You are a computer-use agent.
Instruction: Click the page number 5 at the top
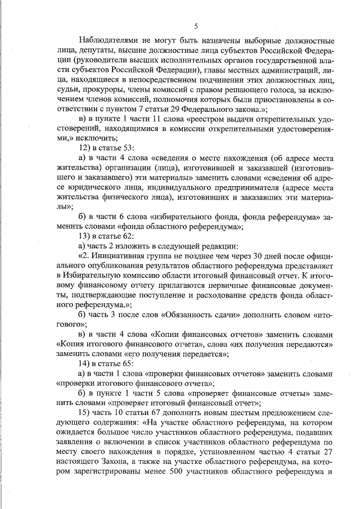point(196,26)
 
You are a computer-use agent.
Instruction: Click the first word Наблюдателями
point(112,41)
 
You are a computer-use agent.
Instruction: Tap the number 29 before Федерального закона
point(165,109)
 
